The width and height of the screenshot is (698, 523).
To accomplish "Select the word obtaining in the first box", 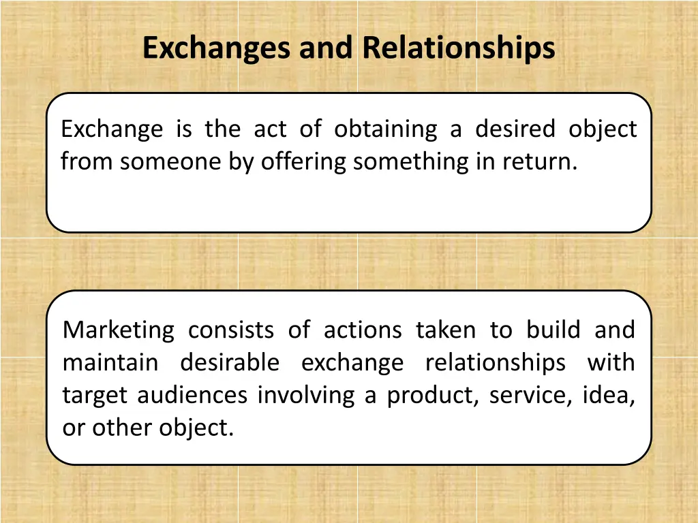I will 386,129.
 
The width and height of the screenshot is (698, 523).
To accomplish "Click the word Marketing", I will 119,330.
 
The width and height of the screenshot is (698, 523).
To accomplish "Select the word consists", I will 231,330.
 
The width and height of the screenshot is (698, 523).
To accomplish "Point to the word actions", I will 362,330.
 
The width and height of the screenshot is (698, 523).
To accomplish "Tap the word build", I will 551,330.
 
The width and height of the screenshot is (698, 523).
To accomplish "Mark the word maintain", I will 110,362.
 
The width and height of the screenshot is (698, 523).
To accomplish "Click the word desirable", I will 230,362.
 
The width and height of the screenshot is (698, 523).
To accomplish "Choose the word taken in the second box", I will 445,330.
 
